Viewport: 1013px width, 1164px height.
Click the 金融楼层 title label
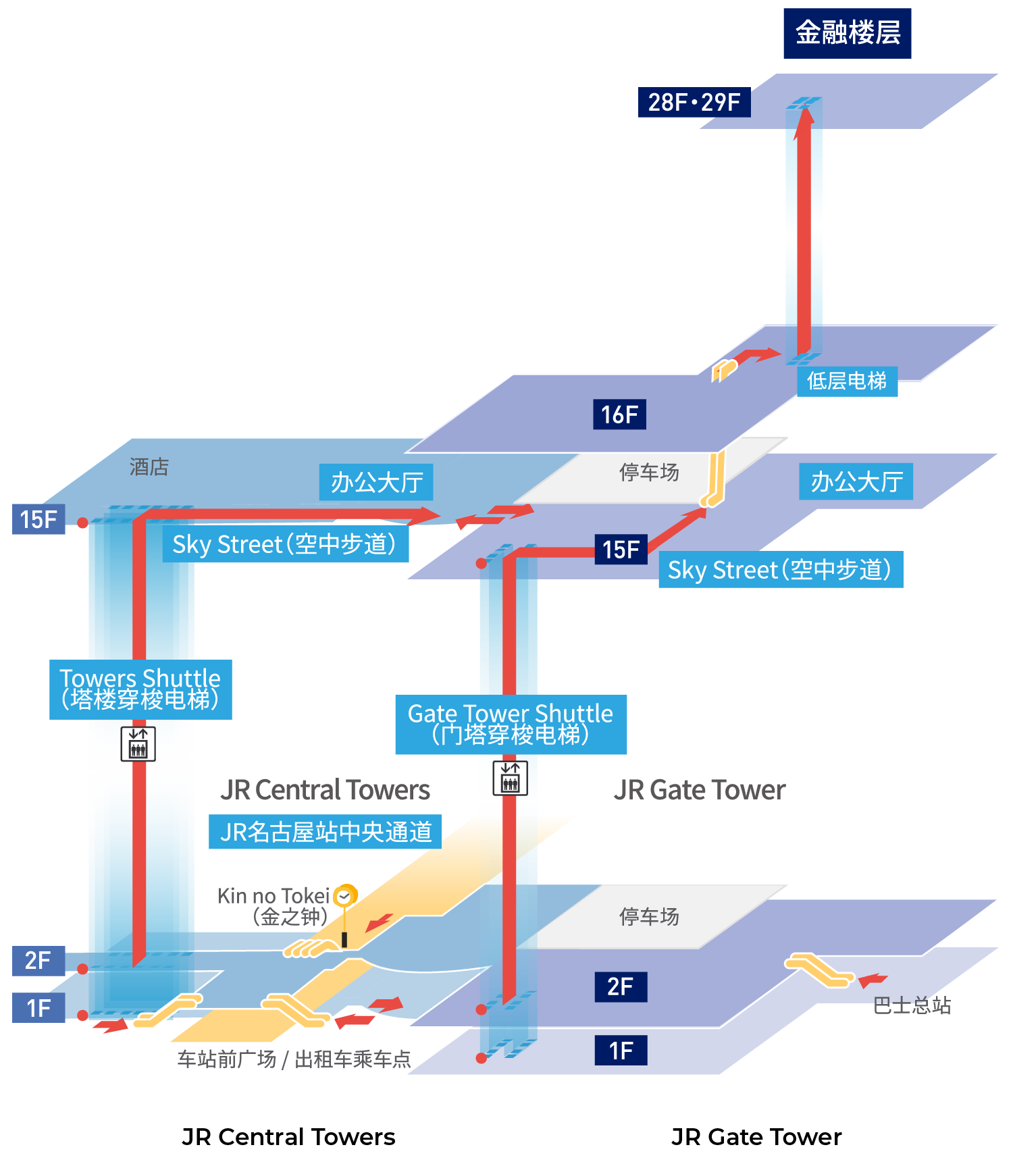point(847,33)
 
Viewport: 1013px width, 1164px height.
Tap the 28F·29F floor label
point(694,102)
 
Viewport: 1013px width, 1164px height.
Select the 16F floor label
point(619,414)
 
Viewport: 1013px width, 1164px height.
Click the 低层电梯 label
point(847,381)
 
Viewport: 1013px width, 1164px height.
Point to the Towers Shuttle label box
point(140,689)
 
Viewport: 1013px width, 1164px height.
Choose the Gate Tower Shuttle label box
point(511,724)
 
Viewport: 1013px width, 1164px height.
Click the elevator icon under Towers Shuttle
point(138,743)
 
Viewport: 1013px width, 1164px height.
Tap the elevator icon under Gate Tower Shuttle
point(510,778)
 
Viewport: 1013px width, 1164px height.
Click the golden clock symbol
point(345,896)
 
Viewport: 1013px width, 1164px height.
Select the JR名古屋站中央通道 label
point(325,832)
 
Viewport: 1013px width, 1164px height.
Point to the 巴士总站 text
point(912,1005)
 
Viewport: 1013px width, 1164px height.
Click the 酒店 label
point(149,467)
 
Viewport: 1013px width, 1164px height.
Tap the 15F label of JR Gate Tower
point(621,549)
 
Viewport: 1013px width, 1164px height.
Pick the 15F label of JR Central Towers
point(38,519)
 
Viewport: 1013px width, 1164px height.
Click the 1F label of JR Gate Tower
point(621,1050)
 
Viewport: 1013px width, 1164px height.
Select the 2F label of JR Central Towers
point(38,960)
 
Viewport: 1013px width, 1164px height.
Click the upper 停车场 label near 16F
point(649,472)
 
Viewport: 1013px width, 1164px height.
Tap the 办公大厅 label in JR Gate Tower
point(856,481)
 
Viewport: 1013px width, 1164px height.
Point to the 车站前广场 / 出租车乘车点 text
point(294,1059)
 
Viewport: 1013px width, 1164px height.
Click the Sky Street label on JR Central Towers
point(285,544)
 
